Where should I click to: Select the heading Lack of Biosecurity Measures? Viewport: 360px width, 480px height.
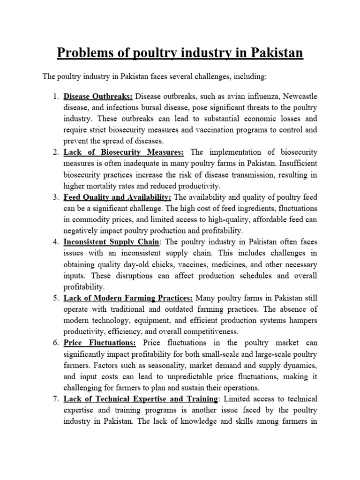124,152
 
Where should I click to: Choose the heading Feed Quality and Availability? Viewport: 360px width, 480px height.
117,197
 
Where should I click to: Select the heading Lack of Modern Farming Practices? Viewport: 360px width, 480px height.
128,297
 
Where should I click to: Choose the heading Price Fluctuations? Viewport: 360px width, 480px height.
100,342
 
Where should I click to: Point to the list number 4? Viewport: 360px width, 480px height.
55,241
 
